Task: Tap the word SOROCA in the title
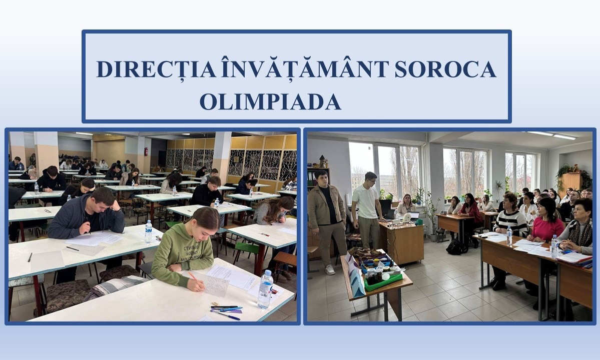tap(445, 69)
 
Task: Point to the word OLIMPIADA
tap(270, 101)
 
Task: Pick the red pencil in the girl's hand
tap(193, 276)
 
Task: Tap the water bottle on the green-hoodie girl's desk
tap(265, 289)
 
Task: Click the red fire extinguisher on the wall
tap(146, 151)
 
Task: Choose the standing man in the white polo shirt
tap(366, 210)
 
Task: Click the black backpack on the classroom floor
tap(456, 247)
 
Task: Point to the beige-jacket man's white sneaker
tap(330, 269)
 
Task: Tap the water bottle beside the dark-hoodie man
tap(148, 231)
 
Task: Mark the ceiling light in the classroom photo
tap(551, 135)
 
